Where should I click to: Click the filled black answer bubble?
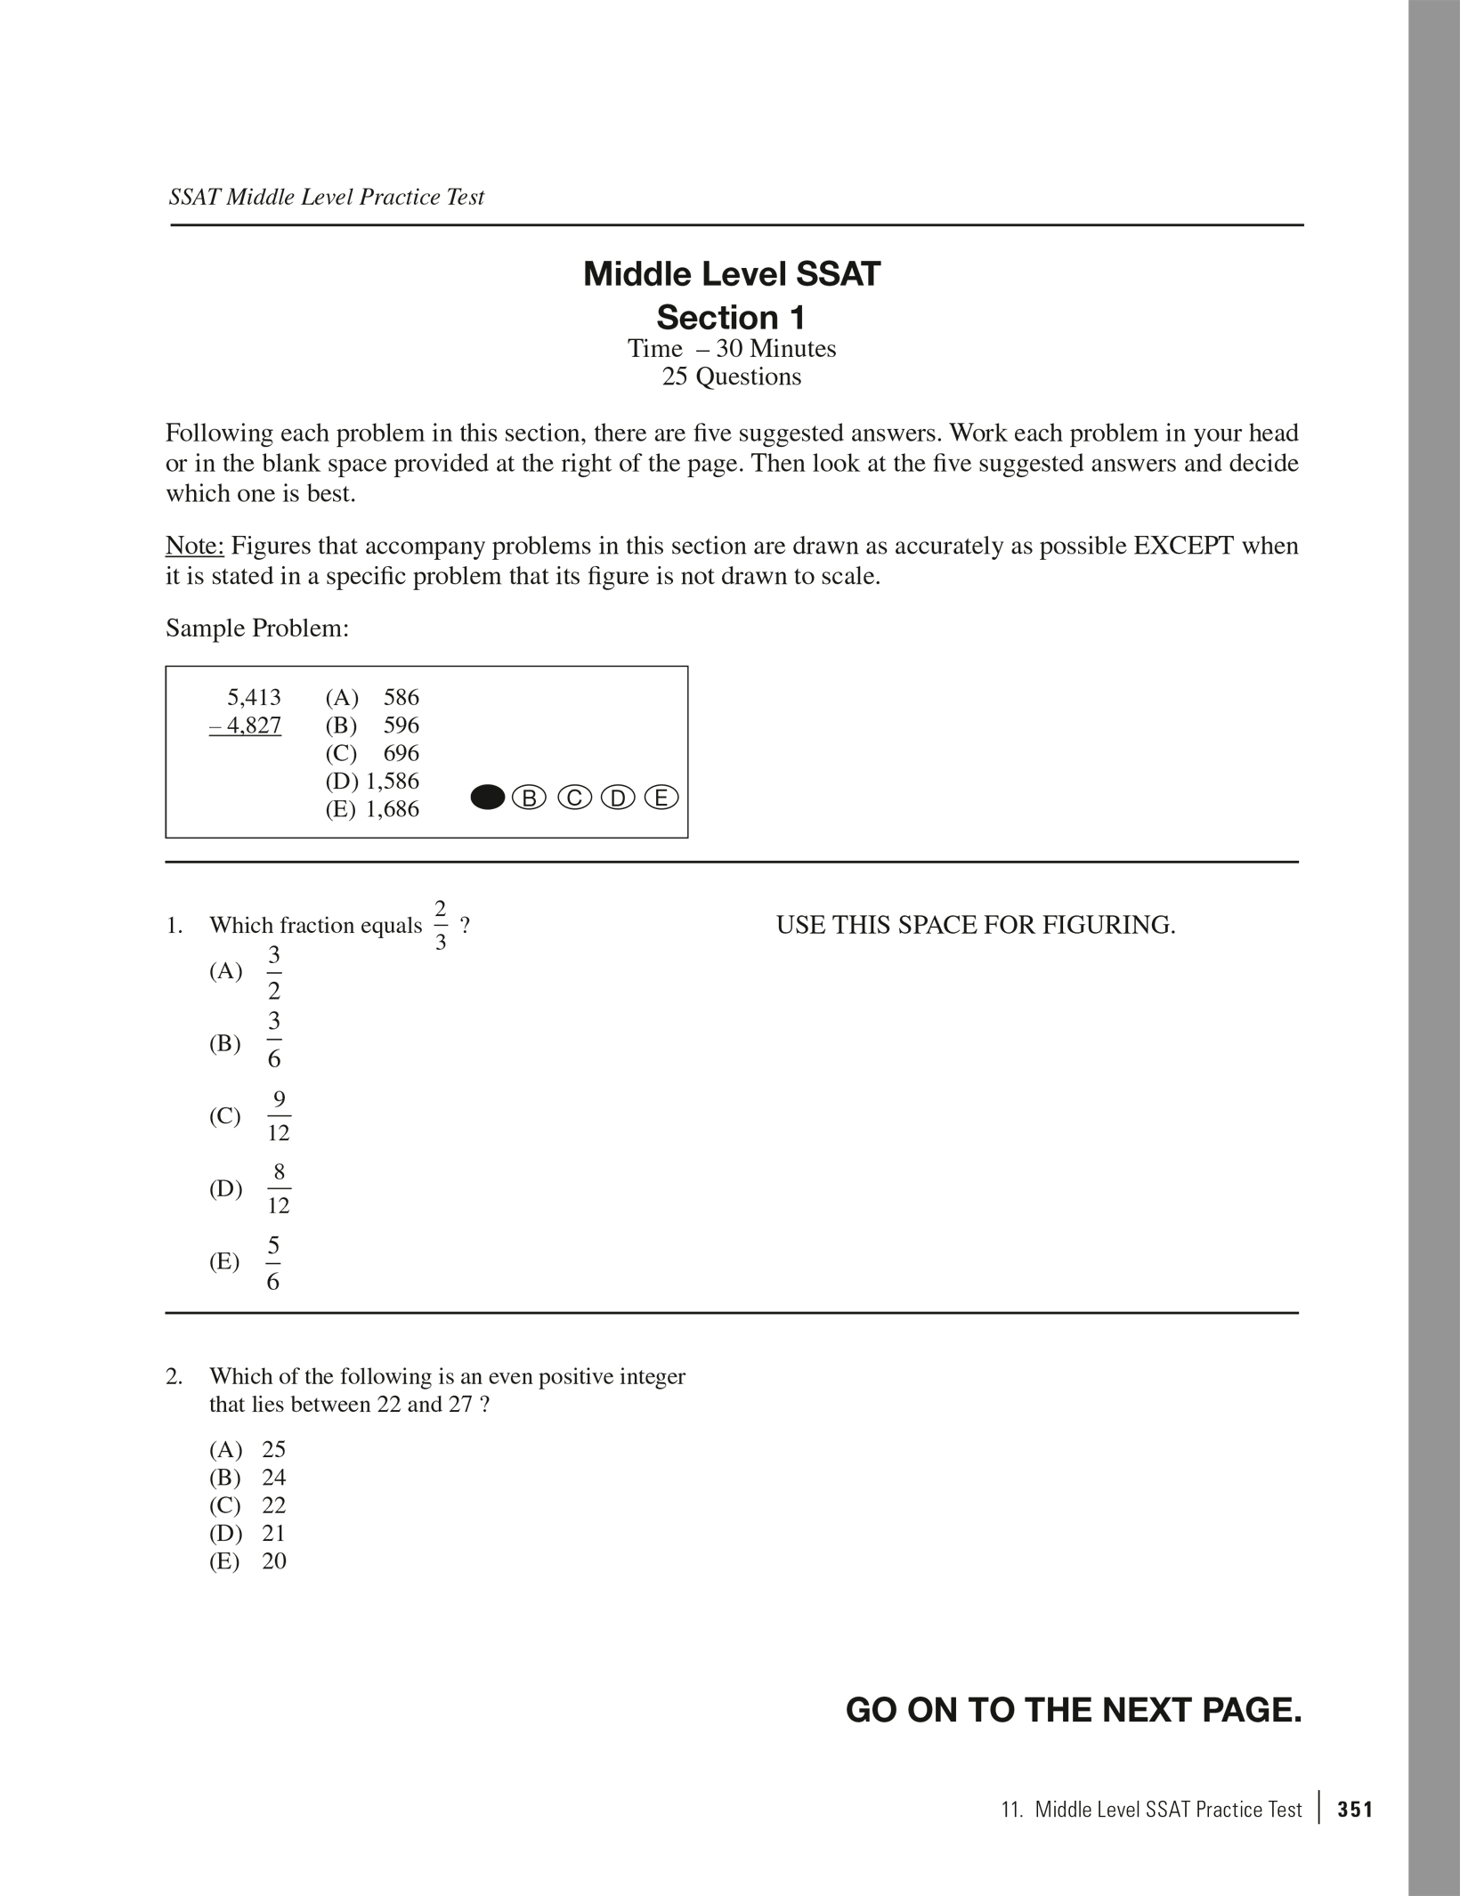pyautogui.click(x=487, y=798)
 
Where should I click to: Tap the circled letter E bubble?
pyautogui.click(x=661, y=798)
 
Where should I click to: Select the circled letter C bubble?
pyautogui.click(x=574, y=798)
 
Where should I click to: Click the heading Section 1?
pyautogui.click(x=731, y=317)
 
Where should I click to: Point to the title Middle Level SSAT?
pyautogui.click(x=731, y=273)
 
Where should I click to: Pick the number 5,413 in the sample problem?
pyautogui.click(x=254, y=697)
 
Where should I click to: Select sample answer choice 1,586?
pyautogui.click(x=392, y=781)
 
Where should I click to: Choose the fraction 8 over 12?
pyautogui.click(x=279, y=1188)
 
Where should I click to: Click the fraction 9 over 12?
pyautogui.click(x=279, y=1115)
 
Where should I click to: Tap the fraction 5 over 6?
pyautogui.click(x=273, y=1262)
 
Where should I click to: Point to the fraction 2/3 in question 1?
pyautogui.click(x=441, y=925)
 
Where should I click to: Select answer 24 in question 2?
pyautogui.click(x=273, y=1477)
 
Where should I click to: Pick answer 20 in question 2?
pyautogui.click(x=273, y=1560)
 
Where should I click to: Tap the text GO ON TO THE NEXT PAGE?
pyautogui.click(x=1073, y=1710)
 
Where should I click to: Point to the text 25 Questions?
pyautogui.click(x=731, y=377)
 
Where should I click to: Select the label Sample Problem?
pyautogui.click(x=257, y=628)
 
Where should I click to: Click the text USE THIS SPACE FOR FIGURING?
pyautogui.click(x=976, y=925)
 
